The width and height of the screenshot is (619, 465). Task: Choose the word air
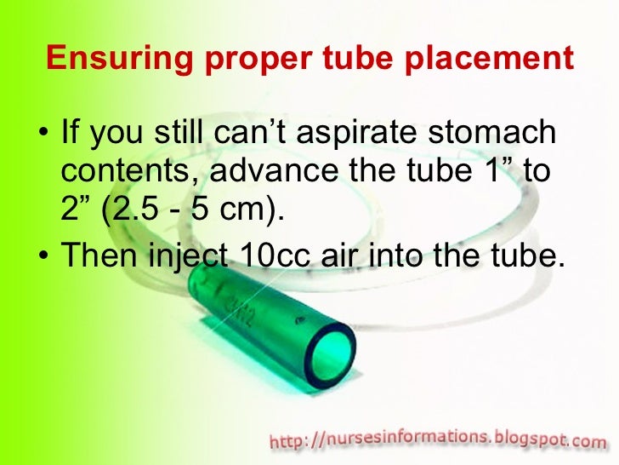pyautogui.click(x=338, y=254)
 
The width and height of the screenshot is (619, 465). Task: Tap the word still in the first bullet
pyautogui.click(x=182, y=135)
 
